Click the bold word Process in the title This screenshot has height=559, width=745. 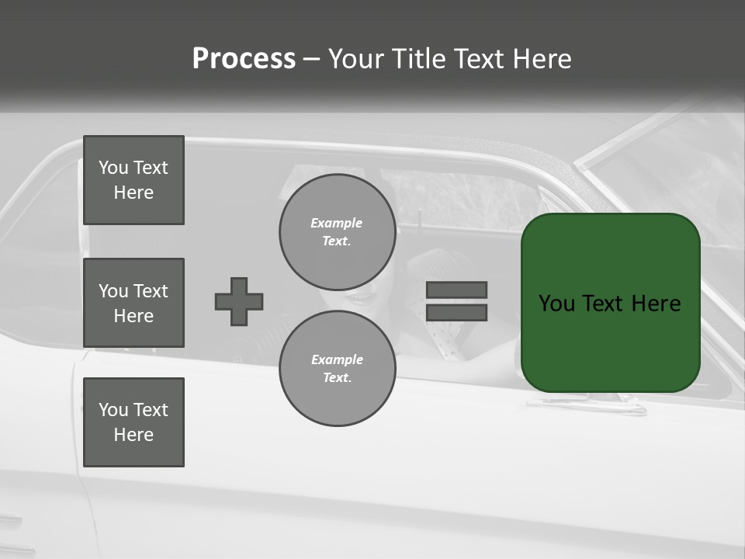[244, 58]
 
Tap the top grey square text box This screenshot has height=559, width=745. [133, 180]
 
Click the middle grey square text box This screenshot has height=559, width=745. [133, 303]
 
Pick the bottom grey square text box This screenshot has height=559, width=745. [133, 422]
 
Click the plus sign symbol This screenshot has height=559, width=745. [239, 301]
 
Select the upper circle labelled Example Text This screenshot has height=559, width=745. [337, 232]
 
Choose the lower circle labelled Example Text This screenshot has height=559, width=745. [337, 369]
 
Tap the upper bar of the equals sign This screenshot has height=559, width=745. [456, 290]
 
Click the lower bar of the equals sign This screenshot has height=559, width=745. [456, 312]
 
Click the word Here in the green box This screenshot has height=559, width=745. [656, 304]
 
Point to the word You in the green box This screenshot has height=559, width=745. [556, 304]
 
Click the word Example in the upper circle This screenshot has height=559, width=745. [337, 224]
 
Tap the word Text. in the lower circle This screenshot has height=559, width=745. [337, 378]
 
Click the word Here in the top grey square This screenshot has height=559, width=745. [133, 193]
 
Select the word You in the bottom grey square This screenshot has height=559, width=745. [113, 410]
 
